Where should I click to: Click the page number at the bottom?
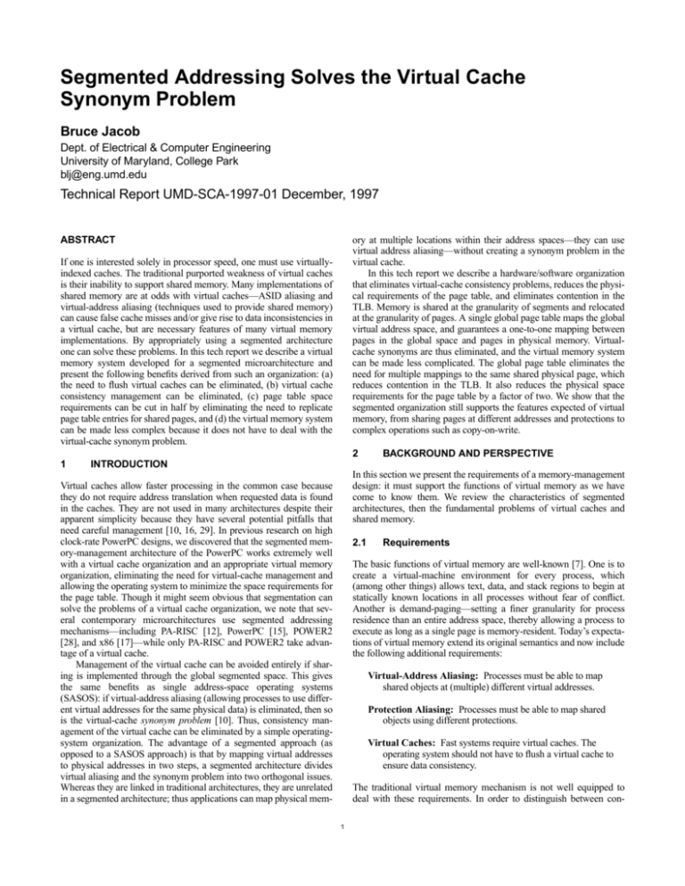(342, 860)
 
